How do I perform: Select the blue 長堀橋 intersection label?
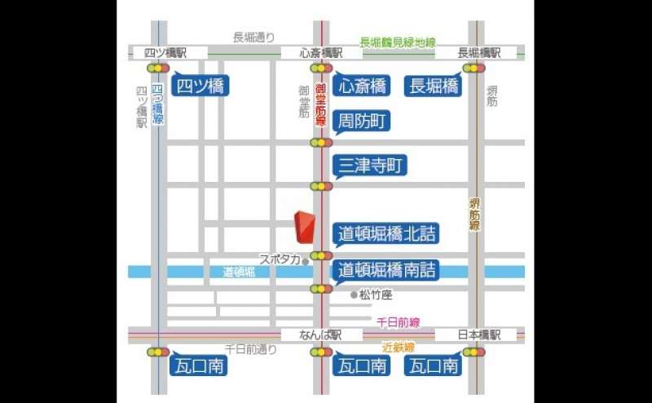coord(434,86)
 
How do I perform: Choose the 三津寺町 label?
coord(369,166)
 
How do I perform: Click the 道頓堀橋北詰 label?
coord(385,233)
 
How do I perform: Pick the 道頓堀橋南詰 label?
coord(386,269)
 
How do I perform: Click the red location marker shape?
coord(304,228)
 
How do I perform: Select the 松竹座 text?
coord(376,294)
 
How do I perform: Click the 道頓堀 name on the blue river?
coord(239,272)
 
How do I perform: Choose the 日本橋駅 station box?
coord(475,334)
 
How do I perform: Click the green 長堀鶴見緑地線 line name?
coord(398,42)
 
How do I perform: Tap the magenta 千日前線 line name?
coord(397,322)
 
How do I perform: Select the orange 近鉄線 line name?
coord(399,347)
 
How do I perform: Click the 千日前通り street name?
coord(250,348)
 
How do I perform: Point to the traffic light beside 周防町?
coord(321,143)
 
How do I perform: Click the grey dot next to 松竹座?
coord(354,294)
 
